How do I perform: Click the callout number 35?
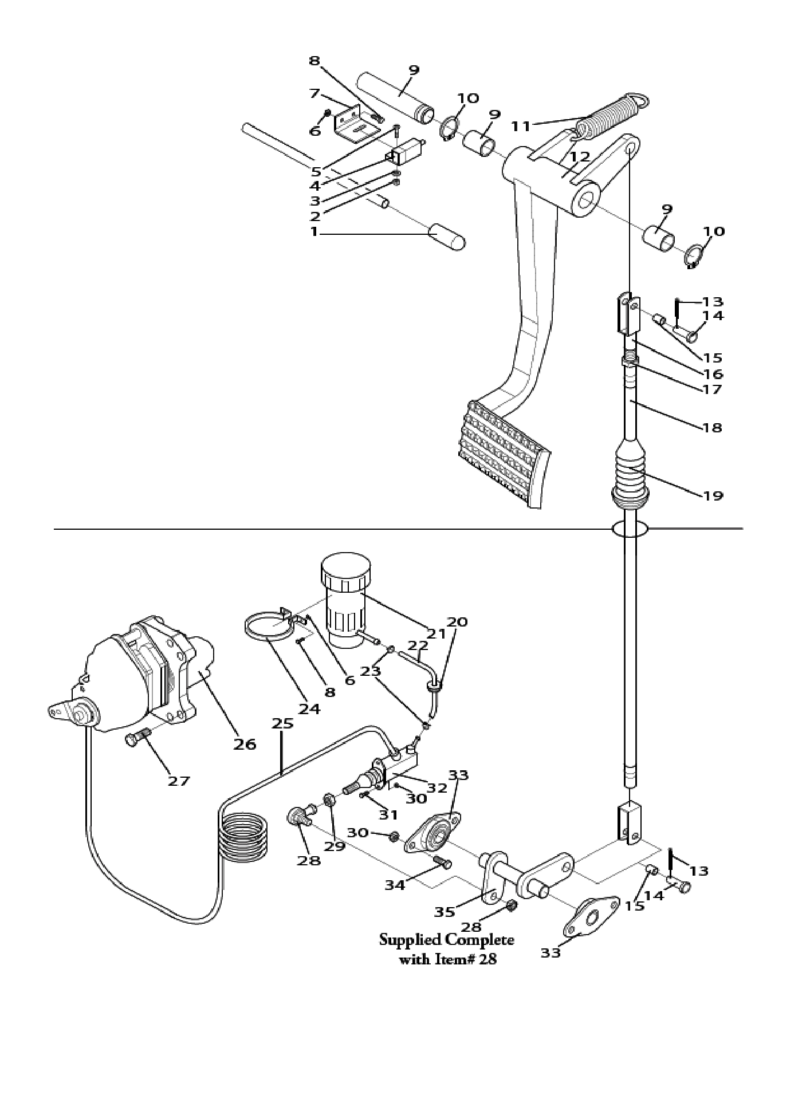(445, 912)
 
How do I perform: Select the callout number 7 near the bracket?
(313, 93)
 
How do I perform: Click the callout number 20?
(457, 622)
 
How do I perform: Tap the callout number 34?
(395, 885)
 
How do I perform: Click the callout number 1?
(314, 232)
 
